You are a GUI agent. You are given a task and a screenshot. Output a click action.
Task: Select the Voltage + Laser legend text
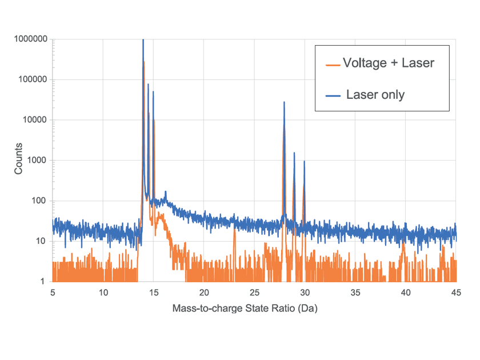(x=388, y=63)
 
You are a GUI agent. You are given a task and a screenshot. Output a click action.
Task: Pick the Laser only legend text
(x=375, y=94)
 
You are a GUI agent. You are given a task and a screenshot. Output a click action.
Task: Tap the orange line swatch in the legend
(x=332, y=65)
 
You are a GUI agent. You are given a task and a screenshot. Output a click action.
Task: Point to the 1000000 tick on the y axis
(x=30, y=39)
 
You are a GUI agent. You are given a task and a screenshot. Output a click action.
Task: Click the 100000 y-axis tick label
(x=32, y=80)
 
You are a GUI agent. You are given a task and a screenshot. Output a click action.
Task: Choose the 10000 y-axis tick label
(x=34, y=120)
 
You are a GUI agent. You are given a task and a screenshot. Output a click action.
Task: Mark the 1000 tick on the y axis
(x=37, y=161)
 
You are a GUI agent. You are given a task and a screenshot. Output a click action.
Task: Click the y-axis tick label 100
(x=39, y=201)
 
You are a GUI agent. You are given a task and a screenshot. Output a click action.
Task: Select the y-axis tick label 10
(x=41, y=241)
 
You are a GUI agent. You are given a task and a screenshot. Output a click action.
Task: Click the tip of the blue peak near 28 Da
(x=284, y=102)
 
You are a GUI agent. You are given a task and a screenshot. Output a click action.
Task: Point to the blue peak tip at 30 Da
(x=304, y=161)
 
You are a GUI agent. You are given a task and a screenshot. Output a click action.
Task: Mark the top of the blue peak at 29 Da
(x=294, y=153)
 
